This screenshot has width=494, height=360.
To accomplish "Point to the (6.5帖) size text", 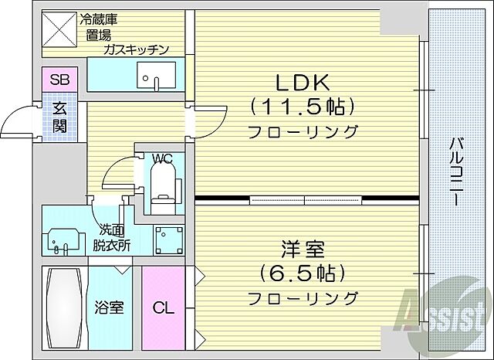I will pyautogui.click(x=302, y=273).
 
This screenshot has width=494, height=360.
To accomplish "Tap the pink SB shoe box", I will pyautogui.click(x=59, y=79).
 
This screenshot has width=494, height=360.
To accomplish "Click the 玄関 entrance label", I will pyautogui.click(x=60, y=118).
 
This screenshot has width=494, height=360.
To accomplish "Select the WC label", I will pyautogui.click(x=162, y=159).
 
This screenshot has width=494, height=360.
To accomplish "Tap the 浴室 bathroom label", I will pyautogui.click(x=109, y=307).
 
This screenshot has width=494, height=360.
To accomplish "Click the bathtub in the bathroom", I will pyautogui.click(x=64, y=307).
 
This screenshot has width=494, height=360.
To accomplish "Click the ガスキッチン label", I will pyautogui.click(x=137, y=50).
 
